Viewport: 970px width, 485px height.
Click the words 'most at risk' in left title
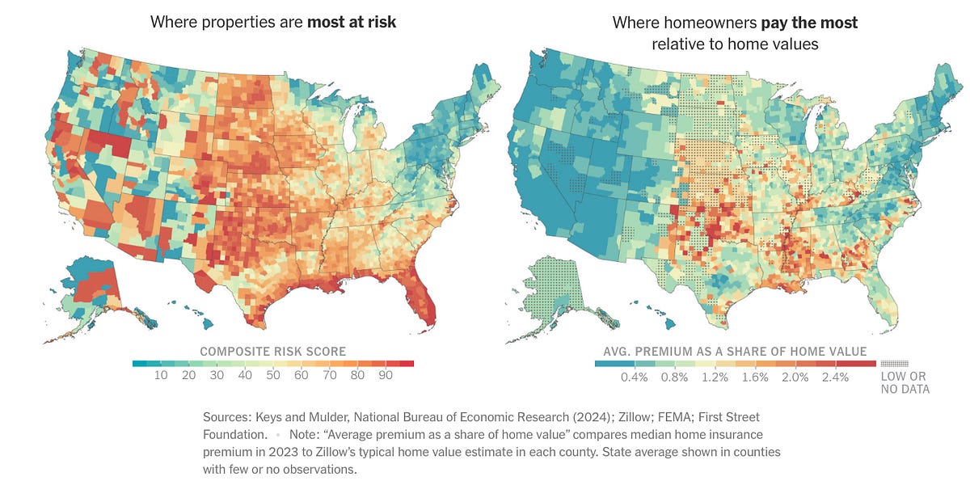click(352, 23)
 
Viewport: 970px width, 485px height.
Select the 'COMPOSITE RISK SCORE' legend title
click(273, 352)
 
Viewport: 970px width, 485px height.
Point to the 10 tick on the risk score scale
click(161, 377)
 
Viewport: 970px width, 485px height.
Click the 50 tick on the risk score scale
click(273, 377)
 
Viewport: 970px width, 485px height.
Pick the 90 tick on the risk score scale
click(386, 377)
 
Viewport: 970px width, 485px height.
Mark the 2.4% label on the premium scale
click(836, 377)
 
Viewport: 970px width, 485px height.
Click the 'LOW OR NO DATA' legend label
click(905, 382)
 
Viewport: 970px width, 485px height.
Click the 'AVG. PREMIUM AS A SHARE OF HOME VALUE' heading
click(735, 352)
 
